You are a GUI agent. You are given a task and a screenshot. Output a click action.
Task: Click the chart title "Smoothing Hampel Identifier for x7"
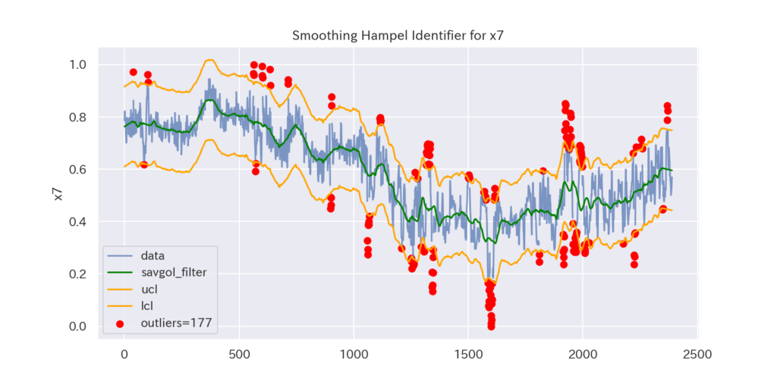(388, 36)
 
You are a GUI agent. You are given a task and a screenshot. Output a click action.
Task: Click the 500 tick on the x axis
(239, 353)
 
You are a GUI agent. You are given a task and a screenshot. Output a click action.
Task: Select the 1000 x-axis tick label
(354, 353)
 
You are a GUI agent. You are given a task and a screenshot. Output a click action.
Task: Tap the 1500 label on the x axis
(469, 353)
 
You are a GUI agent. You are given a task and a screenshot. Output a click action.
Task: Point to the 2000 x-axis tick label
(584, 353)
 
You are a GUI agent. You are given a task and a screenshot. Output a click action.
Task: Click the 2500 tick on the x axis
(698, 353)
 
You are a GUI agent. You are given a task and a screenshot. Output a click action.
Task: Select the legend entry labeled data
(153, 255)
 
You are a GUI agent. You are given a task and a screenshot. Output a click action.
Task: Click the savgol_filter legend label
(174, 272)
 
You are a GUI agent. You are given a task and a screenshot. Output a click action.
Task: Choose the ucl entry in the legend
(149, 289)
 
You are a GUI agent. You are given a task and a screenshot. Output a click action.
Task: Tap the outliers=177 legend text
(176, 323)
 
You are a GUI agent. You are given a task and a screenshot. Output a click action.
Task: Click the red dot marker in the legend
(120, 323)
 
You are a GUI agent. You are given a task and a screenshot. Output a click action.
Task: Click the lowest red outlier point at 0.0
(491, 326)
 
